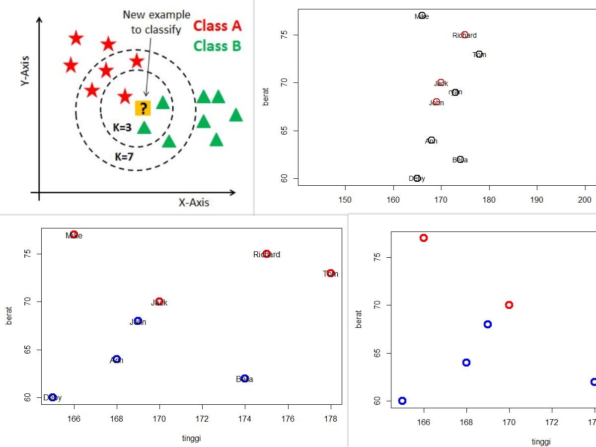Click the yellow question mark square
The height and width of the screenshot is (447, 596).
pyautogui.click(x=143, y=108)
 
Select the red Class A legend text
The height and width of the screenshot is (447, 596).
pyautogui.click(x=217, y=25)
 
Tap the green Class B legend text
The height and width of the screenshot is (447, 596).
pyautogui.click(x=217, y=46)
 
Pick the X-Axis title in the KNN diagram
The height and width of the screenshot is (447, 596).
pyautogui.click(x=194, y=202)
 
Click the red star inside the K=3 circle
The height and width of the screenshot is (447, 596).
pyautogui.click(x=125, y=96)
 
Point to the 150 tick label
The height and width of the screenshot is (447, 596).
pyautogui.click(x=345, y=200)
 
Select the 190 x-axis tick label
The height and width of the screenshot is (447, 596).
pyautogui.click(x=537, y=200)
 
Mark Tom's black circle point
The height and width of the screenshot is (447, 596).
pyautogui.click(x=479, y=54)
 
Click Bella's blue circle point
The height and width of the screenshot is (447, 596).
pyautogui.click(x=245, y=378)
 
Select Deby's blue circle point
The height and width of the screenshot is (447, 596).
pyautogui.click(x=53, y=397)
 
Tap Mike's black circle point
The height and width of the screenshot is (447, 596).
pyautogui.click(x=422, y=15)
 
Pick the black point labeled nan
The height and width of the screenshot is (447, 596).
pyautogui.click(x=455, y=92)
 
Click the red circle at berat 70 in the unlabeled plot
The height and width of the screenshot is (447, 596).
pyautogui.click(x=509, y=305)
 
